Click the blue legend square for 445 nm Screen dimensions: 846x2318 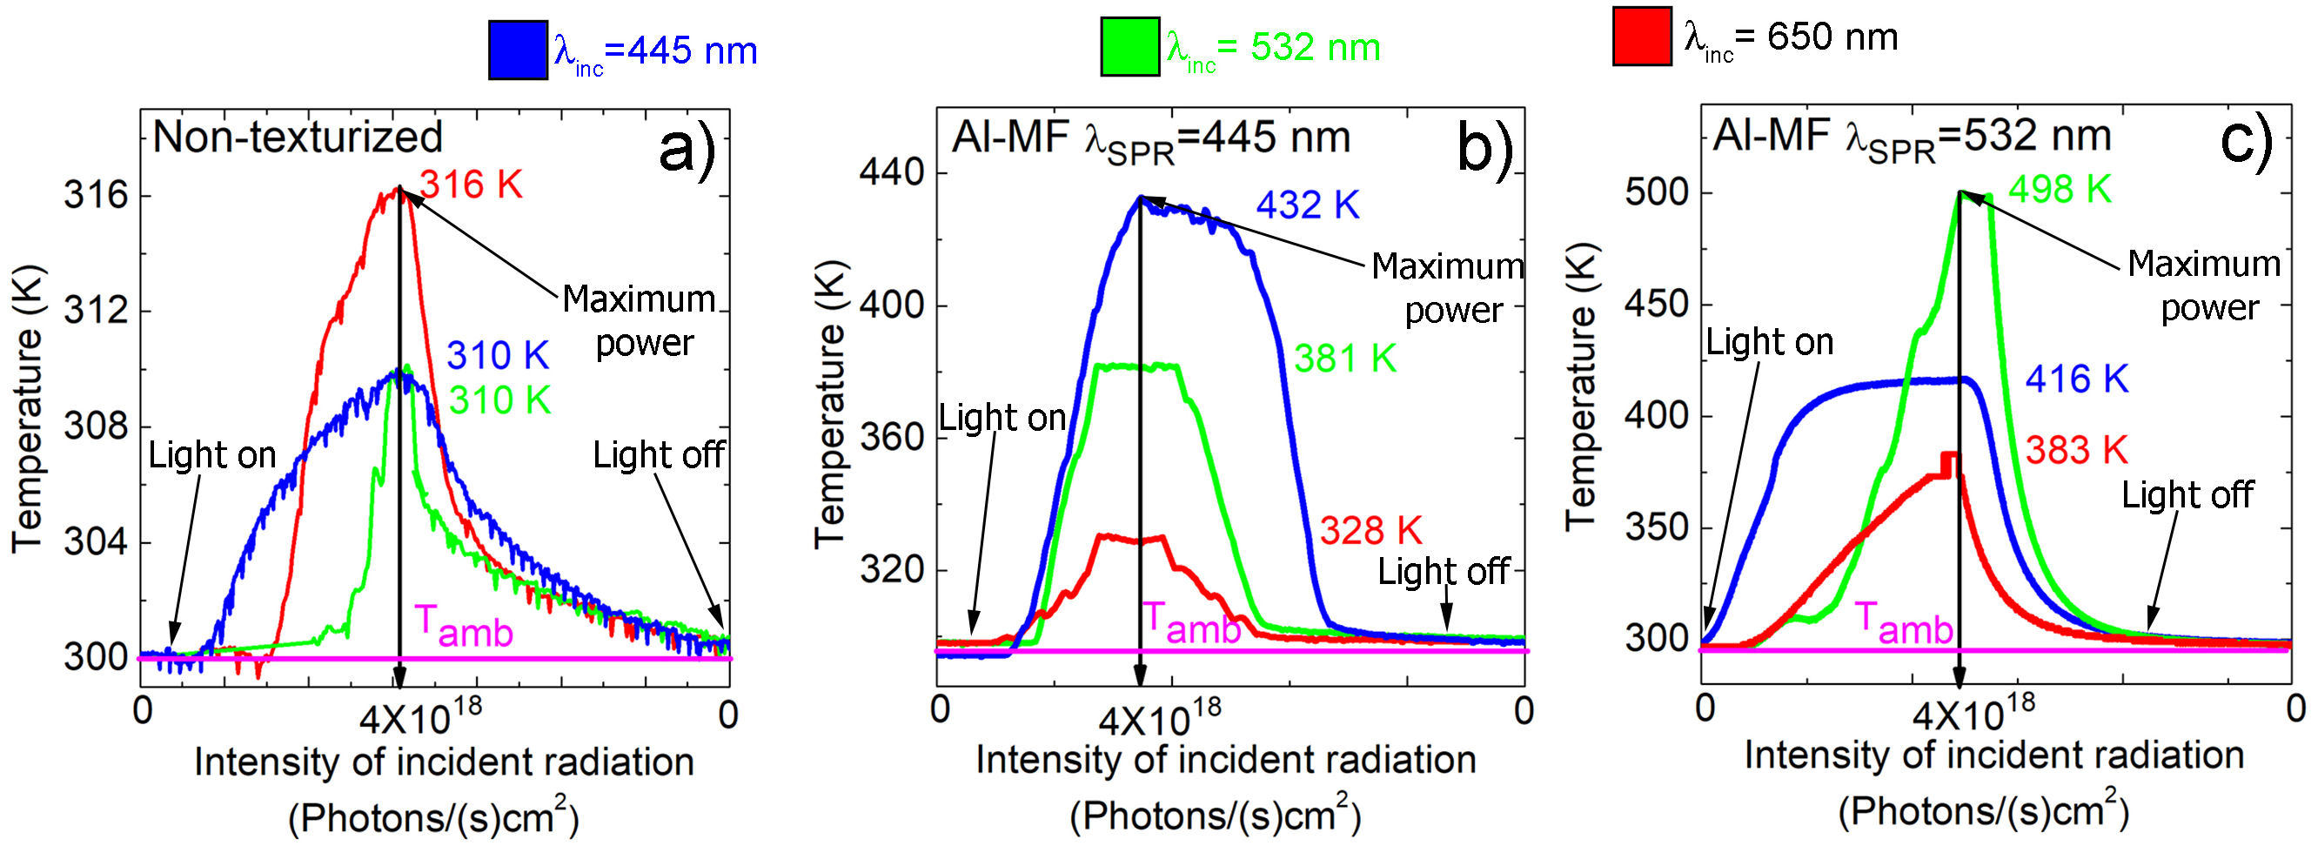518,50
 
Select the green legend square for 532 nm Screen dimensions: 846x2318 1129,46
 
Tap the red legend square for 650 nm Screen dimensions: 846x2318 1641,36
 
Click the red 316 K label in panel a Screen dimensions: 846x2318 471,185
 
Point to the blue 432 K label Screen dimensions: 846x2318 1307,205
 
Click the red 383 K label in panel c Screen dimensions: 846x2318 2076,450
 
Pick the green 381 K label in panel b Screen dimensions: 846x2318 1344,359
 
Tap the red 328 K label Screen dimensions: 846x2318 1370,531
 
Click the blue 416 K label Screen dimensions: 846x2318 2076,379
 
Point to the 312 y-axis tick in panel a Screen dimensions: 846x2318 96,311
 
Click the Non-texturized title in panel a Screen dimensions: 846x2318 298,137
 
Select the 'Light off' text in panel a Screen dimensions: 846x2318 658,455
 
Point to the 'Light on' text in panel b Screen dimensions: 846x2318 1002,419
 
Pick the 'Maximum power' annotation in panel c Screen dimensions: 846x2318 2204,285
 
